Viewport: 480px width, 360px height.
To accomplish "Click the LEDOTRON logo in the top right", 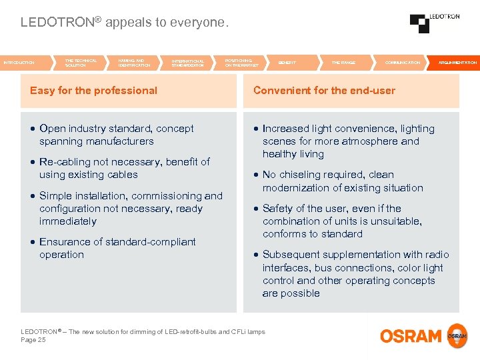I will tap(434, 23).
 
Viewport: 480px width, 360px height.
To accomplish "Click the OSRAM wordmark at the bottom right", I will tap(411, 336).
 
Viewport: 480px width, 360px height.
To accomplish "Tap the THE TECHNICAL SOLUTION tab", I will tap(81, 63).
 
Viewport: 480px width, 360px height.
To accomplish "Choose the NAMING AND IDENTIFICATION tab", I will tap(134, 63).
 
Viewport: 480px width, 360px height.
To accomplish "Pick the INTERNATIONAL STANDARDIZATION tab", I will tap(188, 63).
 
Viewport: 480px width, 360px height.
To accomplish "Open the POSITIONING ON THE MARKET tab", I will tap(241, 63).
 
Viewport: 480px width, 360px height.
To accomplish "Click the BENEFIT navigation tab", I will tap(287, 63).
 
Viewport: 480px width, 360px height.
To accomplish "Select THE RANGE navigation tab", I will tap(343, 63).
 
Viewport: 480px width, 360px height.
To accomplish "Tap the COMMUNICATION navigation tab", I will tap(403, 63).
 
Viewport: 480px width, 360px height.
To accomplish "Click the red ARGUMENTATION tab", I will tap(457, 63).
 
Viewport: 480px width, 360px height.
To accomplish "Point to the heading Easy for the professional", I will tap(93, 91).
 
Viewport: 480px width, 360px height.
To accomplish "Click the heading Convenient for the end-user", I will tap(324, 91).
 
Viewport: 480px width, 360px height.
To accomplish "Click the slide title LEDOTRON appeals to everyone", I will tap(125, 22).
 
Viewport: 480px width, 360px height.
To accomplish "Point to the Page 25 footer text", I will tap(33, 340).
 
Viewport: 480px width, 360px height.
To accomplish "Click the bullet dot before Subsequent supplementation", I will tap(256, 255).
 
